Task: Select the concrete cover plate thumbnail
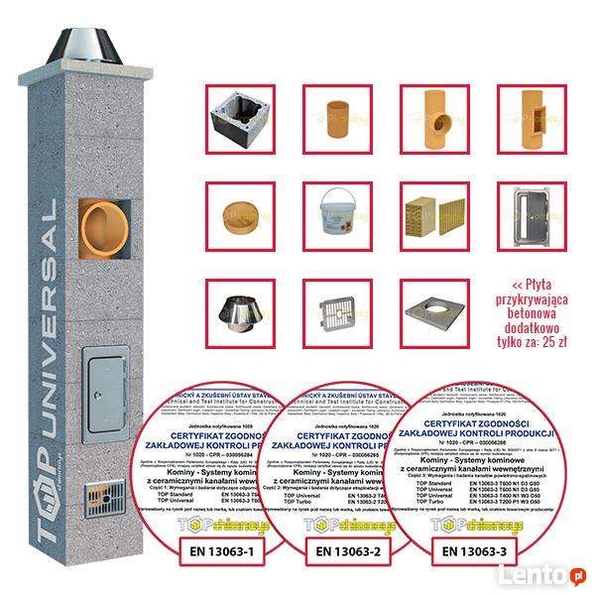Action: (432, 308)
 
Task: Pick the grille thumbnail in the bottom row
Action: (336, 308)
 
